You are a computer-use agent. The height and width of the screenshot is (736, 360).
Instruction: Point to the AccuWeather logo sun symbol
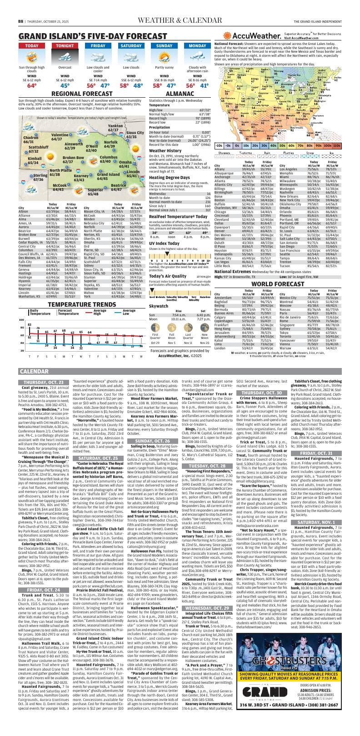click(227, 36)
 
